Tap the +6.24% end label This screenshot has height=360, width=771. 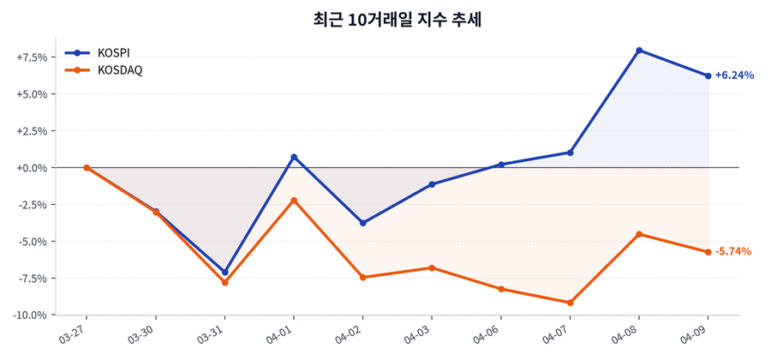pyautogui.click(x=734, y=75)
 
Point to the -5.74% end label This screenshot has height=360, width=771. pyautogui.click(x=733, y=252)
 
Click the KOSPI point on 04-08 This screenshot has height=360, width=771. pyautogui.click(x=639, y=51)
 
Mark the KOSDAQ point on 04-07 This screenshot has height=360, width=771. pyautogui.click(x=570, y=303)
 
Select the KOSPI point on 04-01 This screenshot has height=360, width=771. pyautogui.click(x=294, y=157)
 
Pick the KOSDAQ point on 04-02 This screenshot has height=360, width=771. pyautogui.click(x=363, y=277)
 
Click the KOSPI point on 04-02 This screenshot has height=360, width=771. pyautogui.click(x=363, y=223)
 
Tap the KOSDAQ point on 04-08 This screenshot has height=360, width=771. pyautogui.click(x=639, y=234)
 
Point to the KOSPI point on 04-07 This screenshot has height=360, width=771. pyautogui.click(x=570, y=153)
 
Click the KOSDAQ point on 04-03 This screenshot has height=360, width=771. pyautogui.click(x=432, y=267)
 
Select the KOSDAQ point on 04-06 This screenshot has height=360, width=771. pyautogui.click(x=501, y=289)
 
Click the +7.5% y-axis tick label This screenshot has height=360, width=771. pyautogui.click(x=32, y=57)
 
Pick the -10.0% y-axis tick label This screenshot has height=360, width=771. pyautogui.click(x=30, y=315)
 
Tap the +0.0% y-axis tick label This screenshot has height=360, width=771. pyautogui.click(x=32, y=168)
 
